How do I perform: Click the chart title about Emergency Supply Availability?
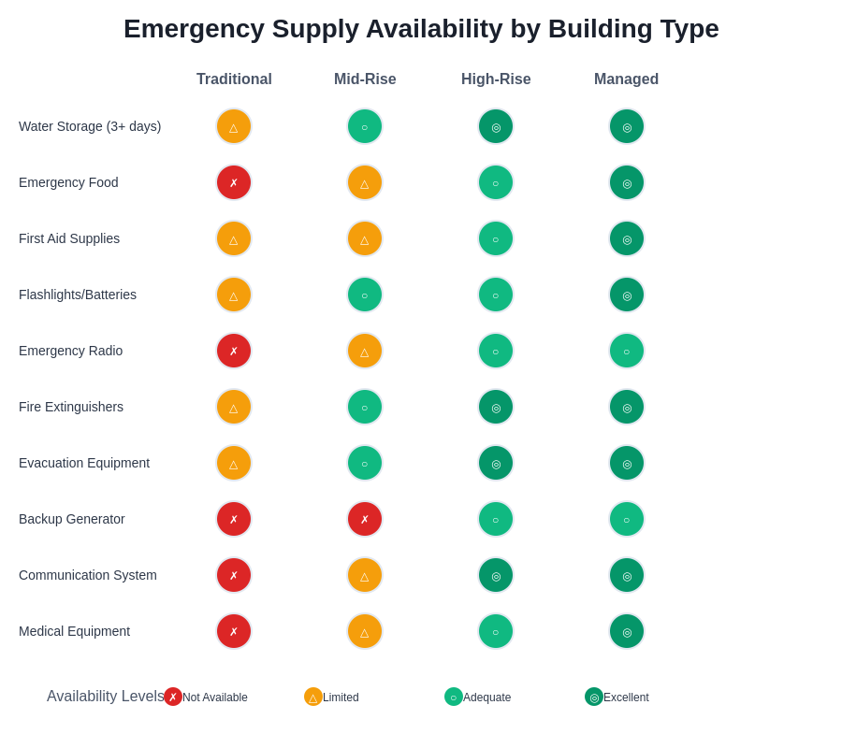pyautogui.click(x=421, y=29)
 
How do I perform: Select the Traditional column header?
pyautogui.click(x=234, y=79)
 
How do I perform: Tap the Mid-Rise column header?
pyautogui.click(x=365, y=79)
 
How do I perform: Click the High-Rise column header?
pyautogui.click(x=496, y=79)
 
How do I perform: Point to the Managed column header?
pyautogui.click(x=626, y=79)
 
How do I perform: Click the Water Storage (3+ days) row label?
pyautogui.click(x=90, y=126)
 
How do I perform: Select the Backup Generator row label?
pyautogui.click(x=72, y=519)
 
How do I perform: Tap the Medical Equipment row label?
pyautogui.click(x=74, y=631)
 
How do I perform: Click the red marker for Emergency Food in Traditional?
pyautogui.click(x=234, y=182)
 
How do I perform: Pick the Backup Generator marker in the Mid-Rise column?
pyautogui.click(x=365, y=519)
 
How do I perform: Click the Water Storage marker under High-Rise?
pyautogui.click(x=496, y=126)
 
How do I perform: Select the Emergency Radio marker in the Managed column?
pyautogui.click(x=627, y=351)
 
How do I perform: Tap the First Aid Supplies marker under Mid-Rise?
pyautogui.click(x=365, y=238)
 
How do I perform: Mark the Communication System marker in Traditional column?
pyautogui.click(x=234, y=575)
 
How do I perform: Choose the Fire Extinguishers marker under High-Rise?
pyautogui.click(x=496, y=407)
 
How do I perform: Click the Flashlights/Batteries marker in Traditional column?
pyautogui.click(x=234, y=295)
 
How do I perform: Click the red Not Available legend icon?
pyautogui.click(x=173, y=697)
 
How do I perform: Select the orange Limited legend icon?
pyautogui.click(x=313, y=697)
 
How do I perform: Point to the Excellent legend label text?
pyautogui.click(x=626, y=698)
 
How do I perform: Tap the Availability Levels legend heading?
pyautogui.click(x=106, y=697)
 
